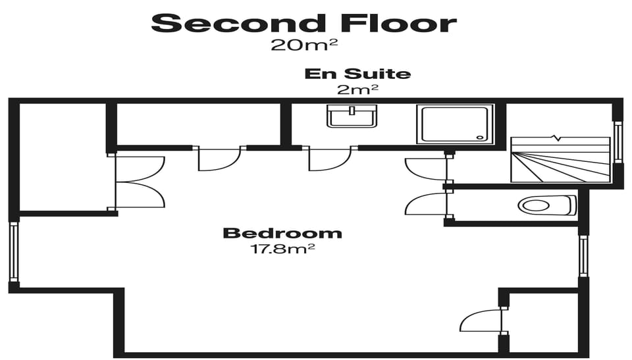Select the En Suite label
pyautogui.click(x=357, y=74)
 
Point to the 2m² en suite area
pyautogui.click(x=357, y=88)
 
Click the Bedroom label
pyautogui.click(x=282, y=233)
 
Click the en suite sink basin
pyautogui.click(x=352, y=118)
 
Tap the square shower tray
pyautogui.click(x=454, y=124)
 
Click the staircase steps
pyautogui.click(x=560, y=161)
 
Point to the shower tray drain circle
pyautogui.click(x=479, y=136)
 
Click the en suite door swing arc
pyautogui.click(x=329, y=161)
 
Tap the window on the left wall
pyautogui.click(x=13, y=251)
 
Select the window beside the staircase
pyautogui.click(x=618, y=142)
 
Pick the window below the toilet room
pyautogui.click(x=583, y=256)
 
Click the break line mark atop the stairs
pyautogui.click(x=559, y=138)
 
